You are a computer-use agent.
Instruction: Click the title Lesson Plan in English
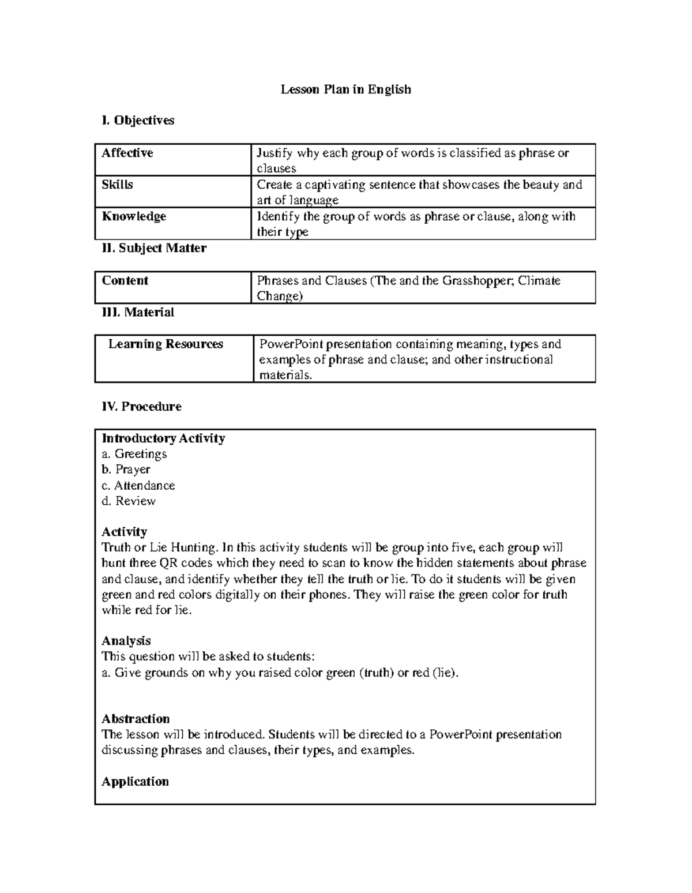(x=345, y=89)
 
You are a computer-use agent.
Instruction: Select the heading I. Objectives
(x=137, y=121)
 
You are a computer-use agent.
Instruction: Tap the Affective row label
(x=127, y=153)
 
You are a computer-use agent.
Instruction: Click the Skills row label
(x=117, y=185)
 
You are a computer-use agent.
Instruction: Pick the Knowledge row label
(x=134, y=216)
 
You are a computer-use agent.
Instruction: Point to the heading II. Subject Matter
(x=153, y=248)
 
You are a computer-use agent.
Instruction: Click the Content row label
(x=125, y=280)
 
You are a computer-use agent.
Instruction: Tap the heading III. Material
(x=137, y=312)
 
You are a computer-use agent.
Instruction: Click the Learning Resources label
(x=166, y=344)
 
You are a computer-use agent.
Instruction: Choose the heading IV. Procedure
(x=141, y=407)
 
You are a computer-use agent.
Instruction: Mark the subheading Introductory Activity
(x=163, y=438)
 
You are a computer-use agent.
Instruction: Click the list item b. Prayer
(x=126, y=470)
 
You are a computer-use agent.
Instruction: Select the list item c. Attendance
(x=138, y=485)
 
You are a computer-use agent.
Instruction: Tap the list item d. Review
(x=129, y=501)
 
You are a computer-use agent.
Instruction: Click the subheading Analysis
(x=126, y=641)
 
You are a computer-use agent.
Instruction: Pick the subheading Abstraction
(x=136, y=719)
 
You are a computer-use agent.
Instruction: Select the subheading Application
(x=135, y=782)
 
